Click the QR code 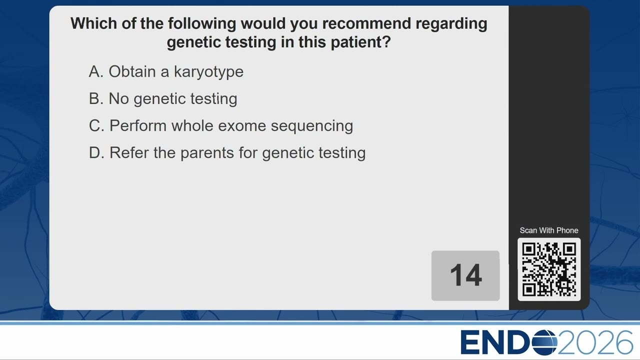[549, 269]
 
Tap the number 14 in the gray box [465, 275]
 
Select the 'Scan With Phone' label [549, 230]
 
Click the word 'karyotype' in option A [208, 72]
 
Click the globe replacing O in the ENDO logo [544, 342]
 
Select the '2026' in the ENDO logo [595, 342]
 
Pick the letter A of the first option [94, 71]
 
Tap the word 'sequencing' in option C [312, 126]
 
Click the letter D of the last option [94, 152]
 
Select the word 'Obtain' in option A [132, 71]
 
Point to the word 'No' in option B [118, 98]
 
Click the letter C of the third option [95, 125]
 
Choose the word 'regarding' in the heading [451, 24]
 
